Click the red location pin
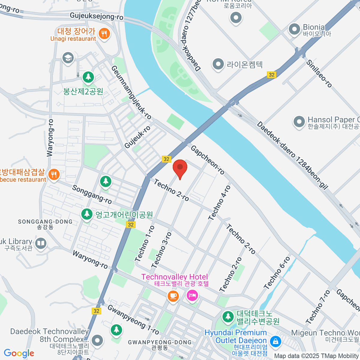[180, 167]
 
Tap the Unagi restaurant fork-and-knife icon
[104, 34]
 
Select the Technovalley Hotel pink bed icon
[192, 295]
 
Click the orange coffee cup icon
[173, 296]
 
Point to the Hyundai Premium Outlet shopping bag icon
[275, 341]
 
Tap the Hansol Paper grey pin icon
[299, 122]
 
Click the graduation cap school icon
[68, 58]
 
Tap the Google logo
[19, 353]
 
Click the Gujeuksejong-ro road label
[97, 16]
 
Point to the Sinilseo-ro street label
[319, 74]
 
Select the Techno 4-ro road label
[220, 203]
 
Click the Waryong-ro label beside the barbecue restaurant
[50, 138]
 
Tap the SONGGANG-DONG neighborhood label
[45, 222]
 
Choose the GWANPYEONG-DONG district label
[160, 342]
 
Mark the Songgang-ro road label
[92, 194]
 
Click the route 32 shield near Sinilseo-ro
[271, 75]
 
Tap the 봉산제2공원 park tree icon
[88, 77]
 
